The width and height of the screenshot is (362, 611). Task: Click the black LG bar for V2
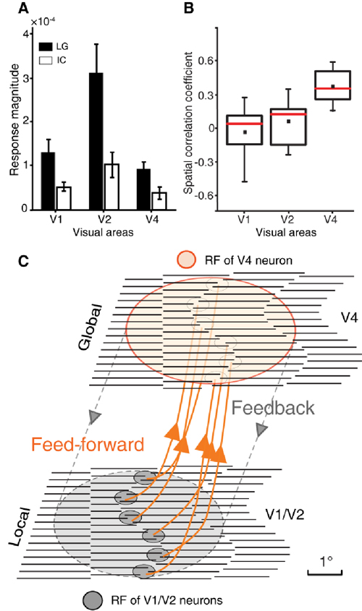pos(96,141)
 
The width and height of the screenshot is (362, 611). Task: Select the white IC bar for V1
pos(63,198)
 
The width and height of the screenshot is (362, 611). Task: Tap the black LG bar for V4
pos(143,189)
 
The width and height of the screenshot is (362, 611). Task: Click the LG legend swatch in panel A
pos(46,47)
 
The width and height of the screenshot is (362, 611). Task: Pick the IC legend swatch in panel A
pos(46,61)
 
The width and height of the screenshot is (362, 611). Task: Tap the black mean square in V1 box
pos(245,132)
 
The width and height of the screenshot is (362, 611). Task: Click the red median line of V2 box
pos(288,114)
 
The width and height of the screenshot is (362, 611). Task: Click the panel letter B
pos(189,8)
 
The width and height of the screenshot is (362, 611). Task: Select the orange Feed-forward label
pos(88,444)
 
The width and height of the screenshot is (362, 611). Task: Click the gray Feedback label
pos(273,408)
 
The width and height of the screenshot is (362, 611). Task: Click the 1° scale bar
pos(325,573)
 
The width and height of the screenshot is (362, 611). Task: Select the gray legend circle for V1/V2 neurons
pos(93,600)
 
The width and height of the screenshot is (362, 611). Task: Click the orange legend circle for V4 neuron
pos(187,260)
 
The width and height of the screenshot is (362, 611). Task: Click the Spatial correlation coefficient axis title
pos(188,123)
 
